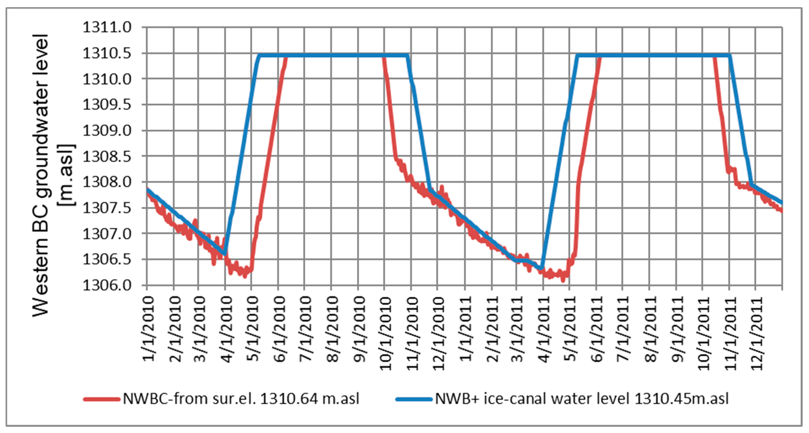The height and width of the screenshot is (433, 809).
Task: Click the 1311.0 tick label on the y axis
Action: pyautogui.click(x=107, y=28)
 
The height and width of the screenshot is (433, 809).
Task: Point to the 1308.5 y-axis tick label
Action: pyautogui.click(x=107, y=156)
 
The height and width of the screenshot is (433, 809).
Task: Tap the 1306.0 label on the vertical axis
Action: pyautogui.click(x=107, y=285)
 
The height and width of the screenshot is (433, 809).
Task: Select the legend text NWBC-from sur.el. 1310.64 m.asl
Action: pyautogui.click(x=241, y=399)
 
